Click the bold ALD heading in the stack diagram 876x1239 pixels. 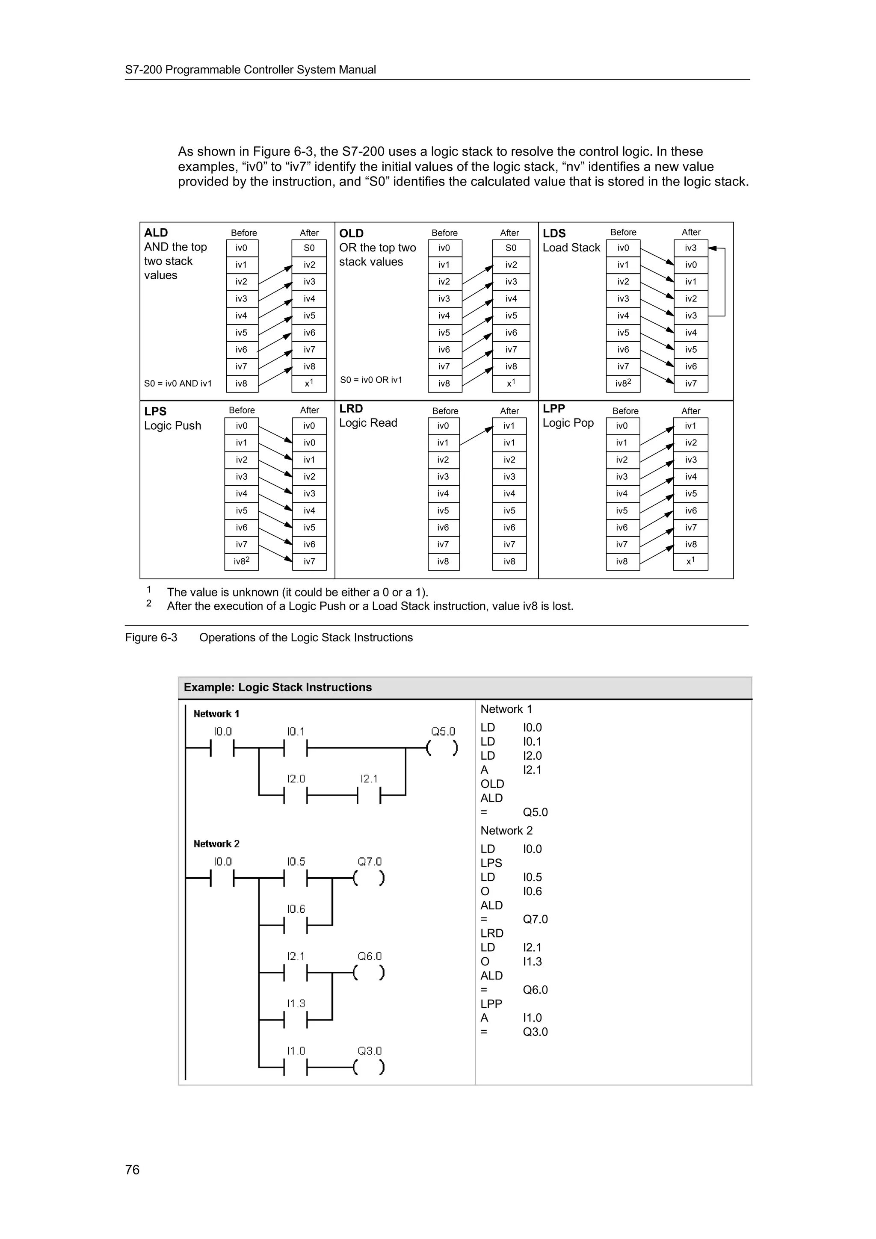tap(156, 233)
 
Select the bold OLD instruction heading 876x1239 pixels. tap(351, 233)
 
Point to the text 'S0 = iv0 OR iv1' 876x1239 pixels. tap(371, 380)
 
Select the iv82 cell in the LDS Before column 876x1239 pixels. tap(623, 383)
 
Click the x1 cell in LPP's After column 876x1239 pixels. tap(690, 561)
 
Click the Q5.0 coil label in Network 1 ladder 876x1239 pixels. tap(443, 731)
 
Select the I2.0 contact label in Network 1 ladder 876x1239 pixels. tap(296, 779)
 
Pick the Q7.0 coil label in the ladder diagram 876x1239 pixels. tap(369, 862)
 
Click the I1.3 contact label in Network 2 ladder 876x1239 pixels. tap(296, 1003)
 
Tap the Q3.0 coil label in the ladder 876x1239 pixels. tap(369, 1050)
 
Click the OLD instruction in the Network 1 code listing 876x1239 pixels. tap(492, 784)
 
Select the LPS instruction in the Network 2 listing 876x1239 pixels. tap(491, 863)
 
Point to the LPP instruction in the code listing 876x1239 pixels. tap(491, 1004)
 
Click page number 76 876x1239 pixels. tap(132, 1169)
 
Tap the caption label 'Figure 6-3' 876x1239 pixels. tap(151, 637)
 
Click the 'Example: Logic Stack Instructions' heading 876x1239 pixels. tap(278, 687)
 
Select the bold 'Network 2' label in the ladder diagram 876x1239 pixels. tap(216, 844)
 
